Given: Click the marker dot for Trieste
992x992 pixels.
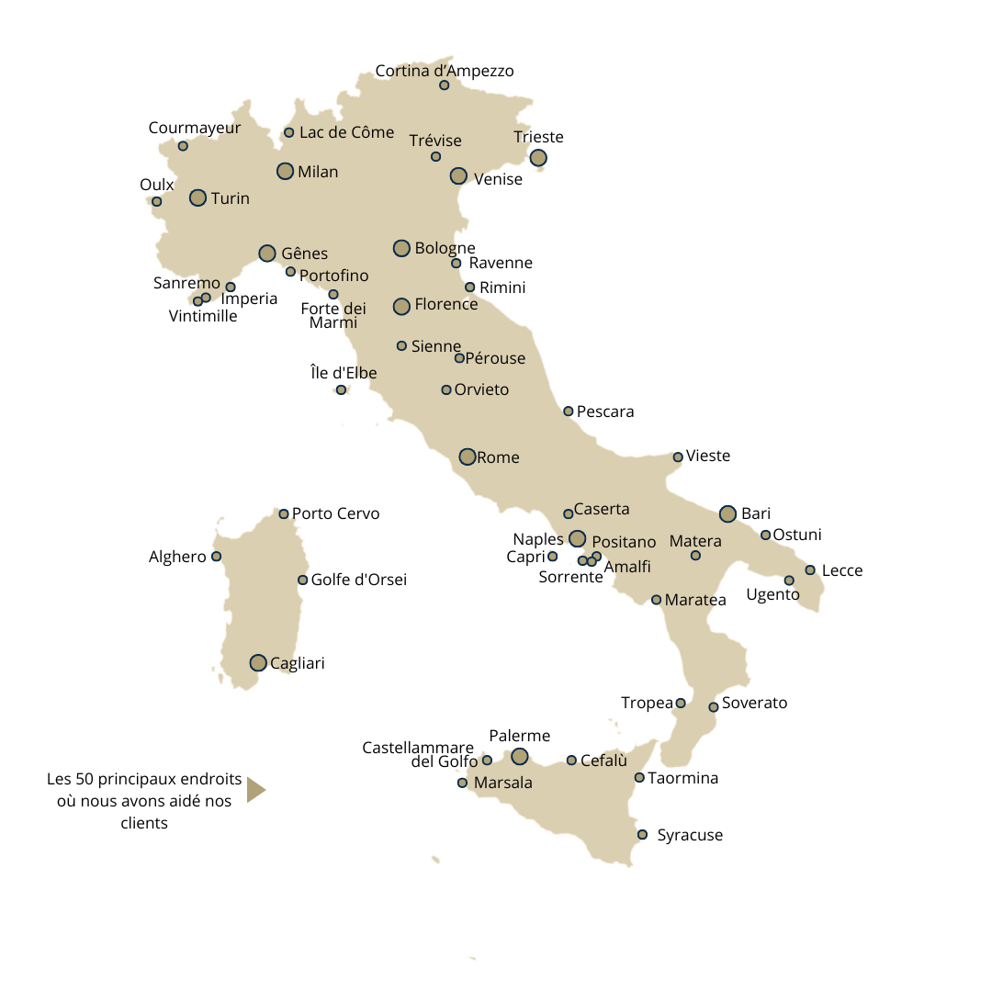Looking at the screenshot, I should click(538, 158).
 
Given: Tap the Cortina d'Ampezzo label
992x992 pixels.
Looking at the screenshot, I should click(445, 71).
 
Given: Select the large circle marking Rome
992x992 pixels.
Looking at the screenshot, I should click(468, 457).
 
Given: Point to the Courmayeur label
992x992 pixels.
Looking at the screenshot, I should click(195, 128).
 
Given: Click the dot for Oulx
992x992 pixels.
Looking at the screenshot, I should click(156, 201).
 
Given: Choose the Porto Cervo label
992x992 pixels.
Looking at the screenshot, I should click(335, 513).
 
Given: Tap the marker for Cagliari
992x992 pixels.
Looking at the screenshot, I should click(258, 662).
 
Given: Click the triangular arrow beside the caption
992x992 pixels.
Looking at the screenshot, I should click(255, 789).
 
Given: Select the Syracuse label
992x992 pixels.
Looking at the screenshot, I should click(690, 835).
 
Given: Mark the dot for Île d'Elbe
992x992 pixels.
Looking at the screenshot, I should click(341, 389).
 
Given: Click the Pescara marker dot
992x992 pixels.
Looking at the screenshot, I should click(569, 411).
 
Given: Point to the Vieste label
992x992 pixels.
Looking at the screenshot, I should click(708, 456).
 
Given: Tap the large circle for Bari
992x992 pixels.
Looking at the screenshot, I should click(727, 513).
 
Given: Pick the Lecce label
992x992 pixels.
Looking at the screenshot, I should click(842, 570).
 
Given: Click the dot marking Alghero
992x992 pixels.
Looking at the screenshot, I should click(217, 556).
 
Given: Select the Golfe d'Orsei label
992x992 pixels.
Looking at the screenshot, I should click(358, 580).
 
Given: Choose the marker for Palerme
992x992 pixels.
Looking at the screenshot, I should click(520, 756).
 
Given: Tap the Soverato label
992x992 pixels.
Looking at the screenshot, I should click(754, 703).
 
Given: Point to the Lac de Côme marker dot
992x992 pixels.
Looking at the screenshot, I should click(288, 132).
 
